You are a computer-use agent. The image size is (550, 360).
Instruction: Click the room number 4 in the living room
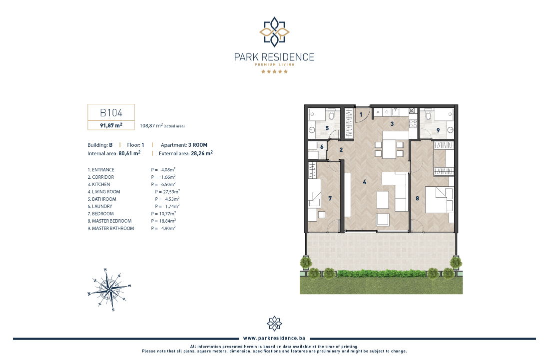(x=365, y=182)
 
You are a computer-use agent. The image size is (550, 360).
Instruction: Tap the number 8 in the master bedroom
(x=418, y=198)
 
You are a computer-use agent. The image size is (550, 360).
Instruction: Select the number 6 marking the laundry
(x=322, y=147)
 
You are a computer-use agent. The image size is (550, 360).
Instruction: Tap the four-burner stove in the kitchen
(x=413, y=123)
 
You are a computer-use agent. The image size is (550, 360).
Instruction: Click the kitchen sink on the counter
(x=395, y=111)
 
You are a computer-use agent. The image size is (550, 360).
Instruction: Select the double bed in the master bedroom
(x=440, y=200)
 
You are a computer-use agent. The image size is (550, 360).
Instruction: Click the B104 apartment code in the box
(x=111, y=112)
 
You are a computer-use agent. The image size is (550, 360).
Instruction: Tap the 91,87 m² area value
(x=111, y=125)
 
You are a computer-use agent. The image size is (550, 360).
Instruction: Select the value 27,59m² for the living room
(x=171, y=192)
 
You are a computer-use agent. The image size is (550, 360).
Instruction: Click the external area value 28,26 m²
(x=202, y=153)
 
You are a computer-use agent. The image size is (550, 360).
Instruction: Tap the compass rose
(x=109, y=290)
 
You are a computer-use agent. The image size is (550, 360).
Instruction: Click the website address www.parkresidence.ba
(x=274, y=338)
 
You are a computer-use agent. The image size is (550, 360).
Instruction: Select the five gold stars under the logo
(x=274, y=71)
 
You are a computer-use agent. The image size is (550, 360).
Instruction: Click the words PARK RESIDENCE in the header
(x=274, y=57)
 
